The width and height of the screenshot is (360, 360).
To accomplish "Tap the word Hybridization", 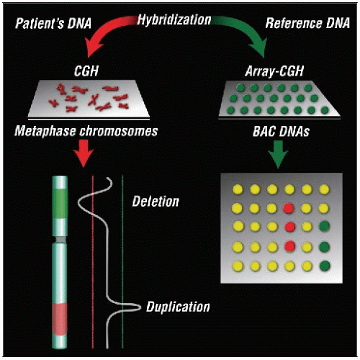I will tap(179, 14).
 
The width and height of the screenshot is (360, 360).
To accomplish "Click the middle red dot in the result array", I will tap(289, 228).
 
